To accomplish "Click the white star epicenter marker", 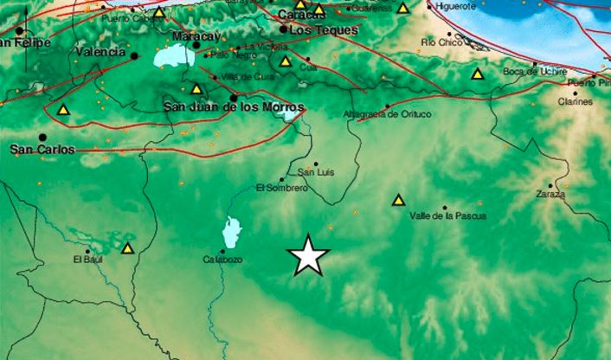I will tap(308, 255).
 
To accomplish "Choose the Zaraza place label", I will tap(550, 195).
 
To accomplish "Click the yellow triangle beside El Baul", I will tap(128, 249).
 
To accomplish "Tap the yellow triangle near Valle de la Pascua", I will tap(398, 201).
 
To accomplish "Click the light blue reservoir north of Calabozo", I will tap(231, 232).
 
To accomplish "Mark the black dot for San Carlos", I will tap(42, 137).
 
